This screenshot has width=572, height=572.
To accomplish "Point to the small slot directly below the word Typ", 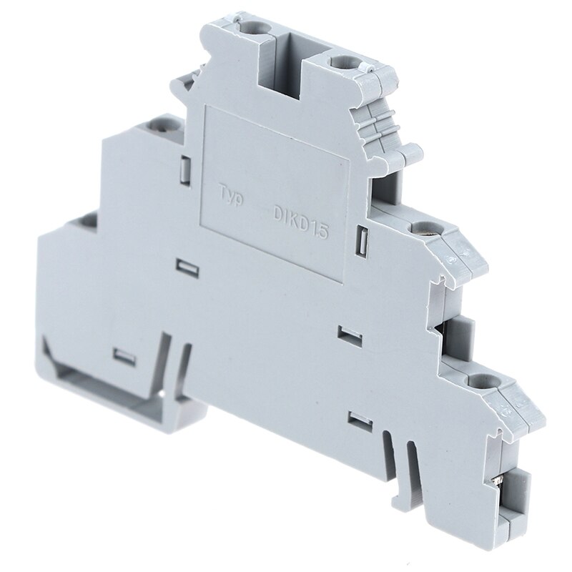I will tap(187, 267).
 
